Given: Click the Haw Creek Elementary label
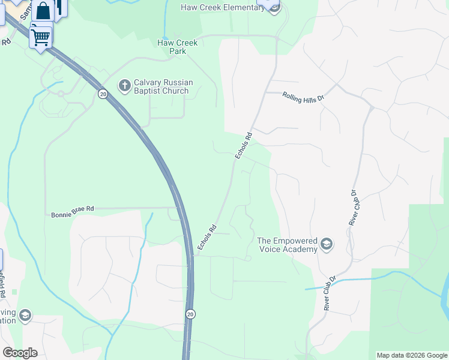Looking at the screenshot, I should coord(222,8).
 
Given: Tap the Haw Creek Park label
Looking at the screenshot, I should coord(172,47).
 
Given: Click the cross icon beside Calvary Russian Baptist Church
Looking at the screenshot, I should coord(125,86).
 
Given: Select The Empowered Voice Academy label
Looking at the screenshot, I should coord(287,245).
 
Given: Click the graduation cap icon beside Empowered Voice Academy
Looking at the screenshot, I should coord(326,244).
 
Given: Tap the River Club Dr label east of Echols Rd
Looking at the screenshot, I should coord(353,207).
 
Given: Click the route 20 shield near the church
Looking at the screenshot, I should coord(103,94).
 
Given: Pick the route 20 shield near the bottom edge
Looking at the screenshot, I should coord(190,314).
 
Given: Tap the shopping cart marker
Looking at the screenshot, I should coord(41,37).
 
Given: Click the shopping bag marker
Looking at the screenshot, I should coord(43,11).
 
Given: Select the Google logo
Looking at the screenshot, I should coord(20,353).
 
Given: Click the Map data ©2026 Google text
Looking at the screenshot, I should coord(411,355).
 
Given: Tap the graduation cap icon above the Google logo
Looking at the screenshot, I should coord(25,316).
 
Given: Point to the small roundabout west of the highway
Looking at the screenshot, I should coord(61,94).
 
